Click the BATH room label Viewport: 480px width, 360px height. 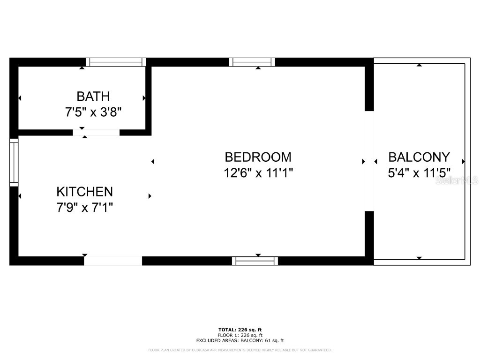point(93,97)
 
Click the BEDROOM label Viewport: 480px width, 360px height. point(258,157)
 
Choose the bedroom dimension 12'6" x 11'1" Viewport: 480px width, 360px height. point(258,173)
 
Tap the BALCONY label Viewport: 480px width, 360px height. point(419,157)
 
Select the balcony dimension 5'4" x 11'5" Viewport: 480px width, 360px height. point(419,173)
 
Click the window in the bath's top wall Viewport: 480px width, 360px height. point(116,62)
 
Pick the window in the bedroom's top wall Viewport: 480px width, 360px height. point(252,62)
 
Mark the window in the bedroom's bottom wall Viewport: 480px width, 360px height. point(255,261)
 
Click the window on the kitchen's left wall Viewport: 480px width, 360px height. point(14,162)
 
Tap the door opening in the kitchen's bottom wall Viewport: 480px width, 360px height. point(113,261)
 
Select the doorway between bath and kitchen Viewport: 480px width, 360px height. point(96,133)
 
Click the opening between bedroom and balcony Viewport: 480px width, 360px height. point(369,161)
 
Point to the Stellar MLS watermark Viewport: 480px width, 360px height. point(457,180)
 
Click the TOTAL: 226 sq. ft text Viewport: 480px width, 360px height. point(240,330)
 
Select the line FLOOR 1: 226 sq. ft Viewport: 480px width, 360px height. point(240,335)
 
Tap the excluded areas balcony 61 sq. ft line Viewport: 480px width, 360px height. point(240,341)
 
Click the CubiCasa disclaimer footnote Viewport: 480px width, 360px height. point(240,350)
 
